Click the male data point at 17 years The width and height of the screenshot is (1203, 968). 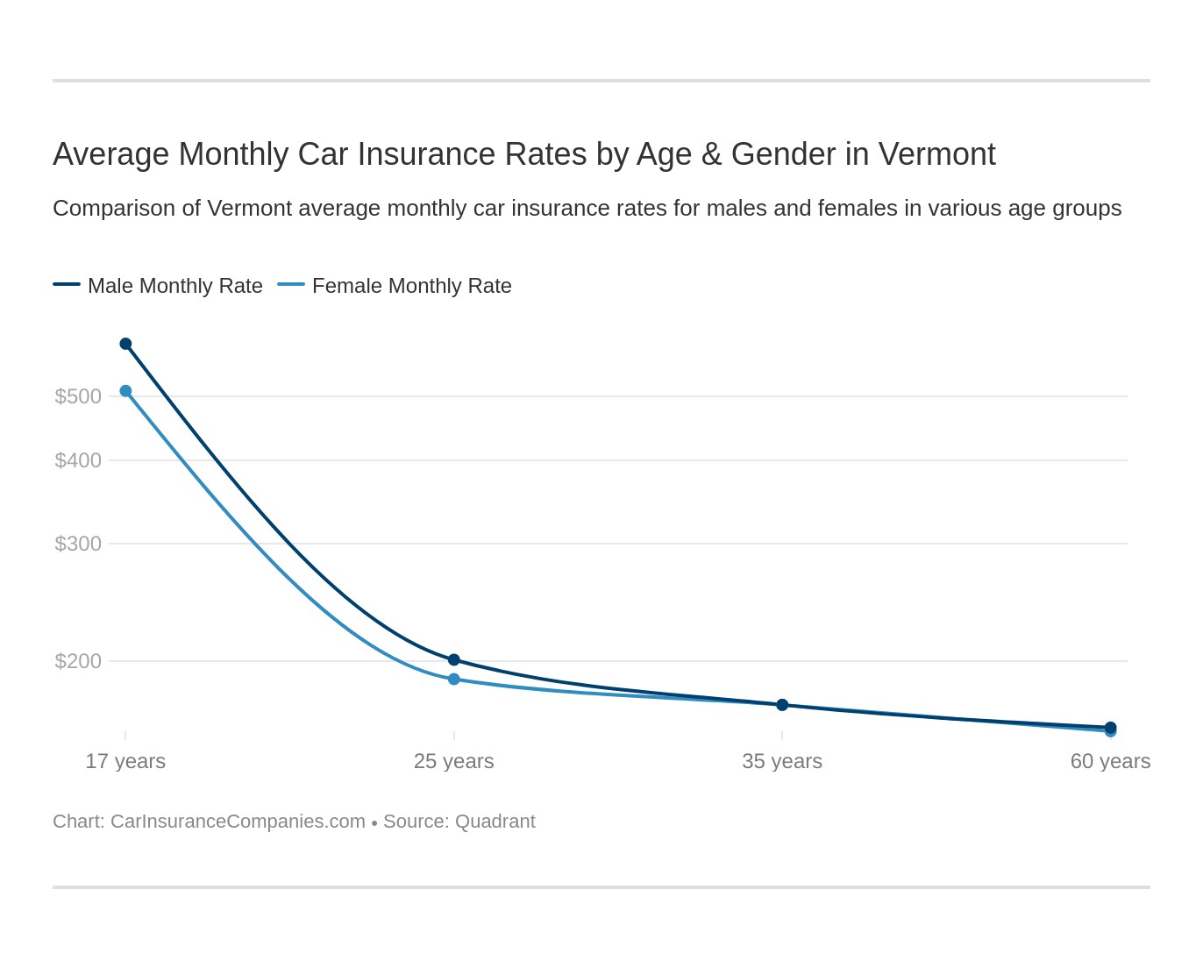[x=125, y=344]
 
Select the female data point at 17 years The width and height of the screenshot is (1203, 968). [x=125, y=391]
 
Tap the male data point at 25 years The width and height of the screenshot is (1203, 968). [x=454, y=659]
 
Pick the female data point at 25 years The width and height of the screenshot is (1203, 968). [x=454, y=679]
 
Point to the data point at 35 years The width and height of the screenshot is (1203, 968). [x=782, y=705]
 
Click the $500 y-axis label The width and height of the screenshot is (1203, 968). [x=78, y=396]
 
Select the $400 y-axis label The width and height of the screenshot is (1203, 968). [x=78, y=460]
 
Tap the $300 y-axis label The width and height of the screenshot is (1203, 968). [x=78, y=544]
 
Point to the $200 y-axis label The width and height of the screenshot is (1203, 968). [x=78, y=661]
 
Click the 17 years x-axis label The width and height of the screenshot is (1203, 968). [x=125, y=761]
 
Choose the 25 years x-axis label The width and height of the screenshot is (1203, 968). [x=454, y=761]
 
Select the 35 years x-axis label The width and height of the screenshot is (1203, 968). [x=782, y=761]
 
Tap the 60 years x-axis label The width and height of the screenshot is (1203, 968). [x=1110, y=761]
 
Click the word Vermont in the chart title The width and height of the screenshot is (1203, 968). [x=936, y=154]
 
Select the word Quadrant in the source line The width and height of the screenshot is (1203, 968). [x=495, y=822]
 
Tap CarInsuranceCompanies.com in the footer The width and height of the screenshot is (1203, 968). [x=238, y=822]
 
